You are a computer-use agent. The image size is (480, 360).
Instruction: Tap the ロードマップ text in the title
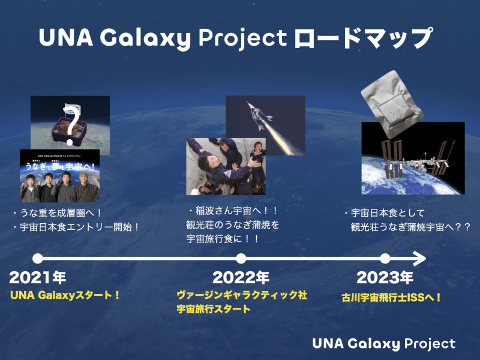(x=363, y=38)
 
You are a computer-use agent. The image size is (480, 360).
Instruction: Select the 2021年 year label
(x=38, y=278)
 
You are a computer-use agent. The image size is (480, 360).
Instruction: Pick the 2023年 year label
(x=385, y=278)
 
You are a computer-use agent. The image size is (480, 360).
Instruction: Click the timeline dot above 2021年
(x=37, y=259)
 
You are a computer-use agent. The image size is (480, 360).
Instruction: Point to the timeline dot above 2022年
(x=241, y=259)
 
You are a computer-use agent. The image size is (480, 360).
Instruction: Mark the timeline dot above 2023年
(x=385, y=259)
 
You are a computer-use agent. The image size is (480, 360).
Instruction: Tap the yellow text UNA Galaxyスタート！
(x=66, y=295)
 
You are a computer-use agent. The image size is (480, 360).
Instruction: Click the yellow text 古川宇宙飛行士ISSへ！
(x=391, y=296)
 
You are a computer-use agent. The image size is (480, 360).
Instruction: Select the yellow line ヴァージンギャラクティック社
(x=242, y=295)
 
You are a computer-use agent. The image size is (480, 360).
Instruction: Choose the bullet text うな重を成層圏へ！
(x=58, y=213)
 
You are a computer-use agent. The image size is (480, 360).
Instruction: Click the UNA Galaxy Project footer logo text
(x=383, y=343)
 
